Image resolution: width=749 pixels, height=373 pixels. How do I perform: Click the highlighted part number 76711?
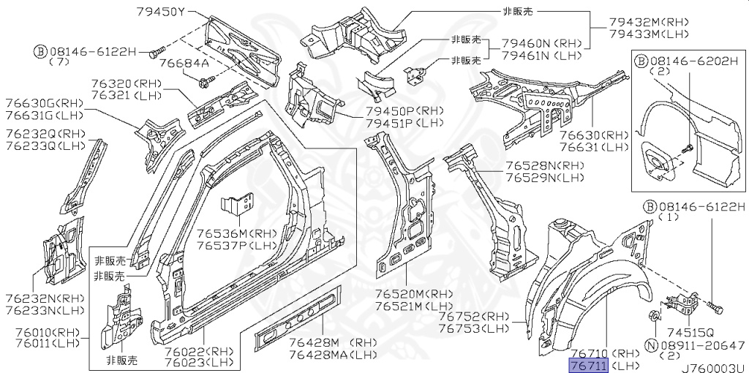click(588, 364)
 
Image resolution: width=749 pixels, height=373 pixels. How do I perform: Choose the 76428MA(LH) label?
click(333, 355)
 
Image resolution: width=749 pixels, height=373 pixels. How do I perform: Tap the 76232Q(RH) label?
click(45, 134)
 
